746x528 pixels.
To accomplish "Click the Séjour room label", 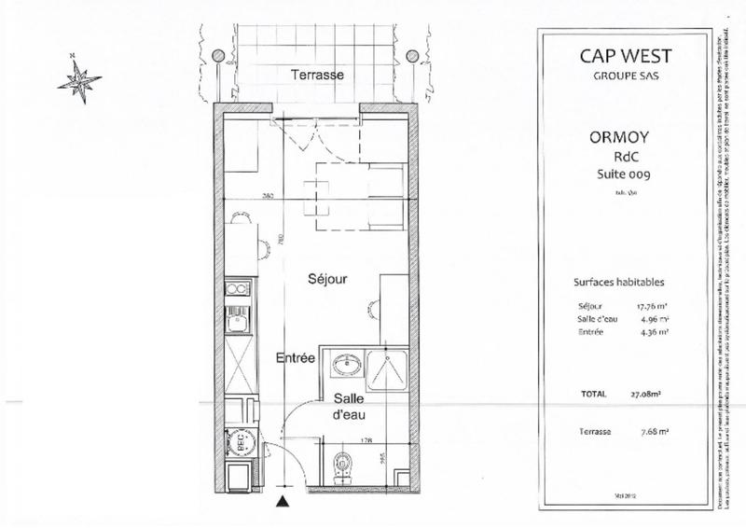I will [329, 278].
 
